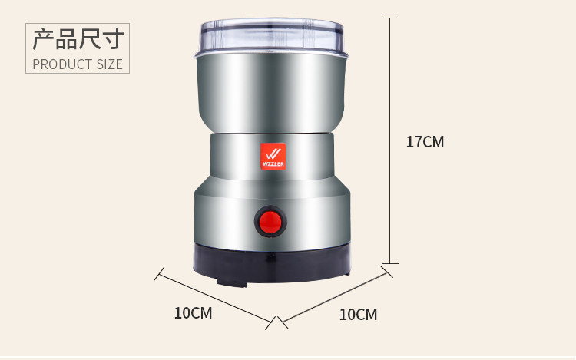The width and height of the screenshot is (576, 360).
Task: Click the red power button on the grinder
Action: point(271,221)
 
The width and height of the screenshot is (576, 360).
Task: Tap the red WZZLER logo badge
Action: point(273,157)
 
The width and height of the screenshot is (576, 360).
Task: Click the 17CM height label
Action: point(425,142)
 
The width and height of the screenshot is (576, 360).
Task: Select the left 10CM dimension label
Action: point(194,313)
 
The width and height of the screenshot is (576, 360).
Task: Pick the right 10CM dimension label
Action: point(358,315)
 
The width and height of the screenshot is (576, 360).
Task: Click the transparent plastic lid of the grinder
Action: point(271,37)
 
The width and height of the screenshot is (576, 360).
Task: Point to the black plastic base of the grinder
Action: point(272,264)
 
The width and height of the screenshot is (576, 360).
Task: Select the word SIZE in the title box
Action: point(110,64)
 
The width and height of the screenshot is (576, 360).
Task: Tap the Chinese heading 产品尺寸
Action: point(78,39)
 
